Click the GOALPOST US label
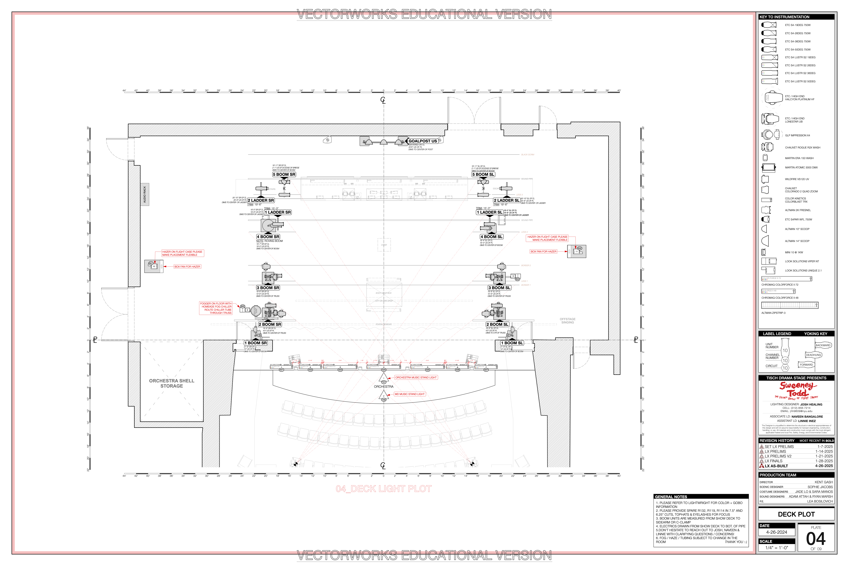(x=423, y=141)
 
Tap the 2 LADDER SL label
(x=506, y=200)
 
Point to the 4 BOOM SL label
(x=491, y=237)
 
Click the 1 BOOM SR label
(x=256, y=343)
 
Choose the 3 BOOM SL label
(x=499, y=288)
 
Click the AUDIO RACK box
(x=145, y=194)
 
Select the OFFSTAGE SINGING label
(x=567, y=320)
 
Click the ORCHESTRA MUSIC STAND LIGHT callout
(x=416, y=378)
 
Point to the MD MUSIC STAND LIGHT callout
(x=409, y=394)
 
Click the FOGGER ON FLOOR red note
(x=216, y=308)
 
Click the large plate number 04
(x=816, y=539)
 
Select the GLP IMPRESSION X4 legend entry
(x=797, y=135)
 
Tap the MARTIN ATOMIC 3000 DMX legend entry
(x=801, y=167)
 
